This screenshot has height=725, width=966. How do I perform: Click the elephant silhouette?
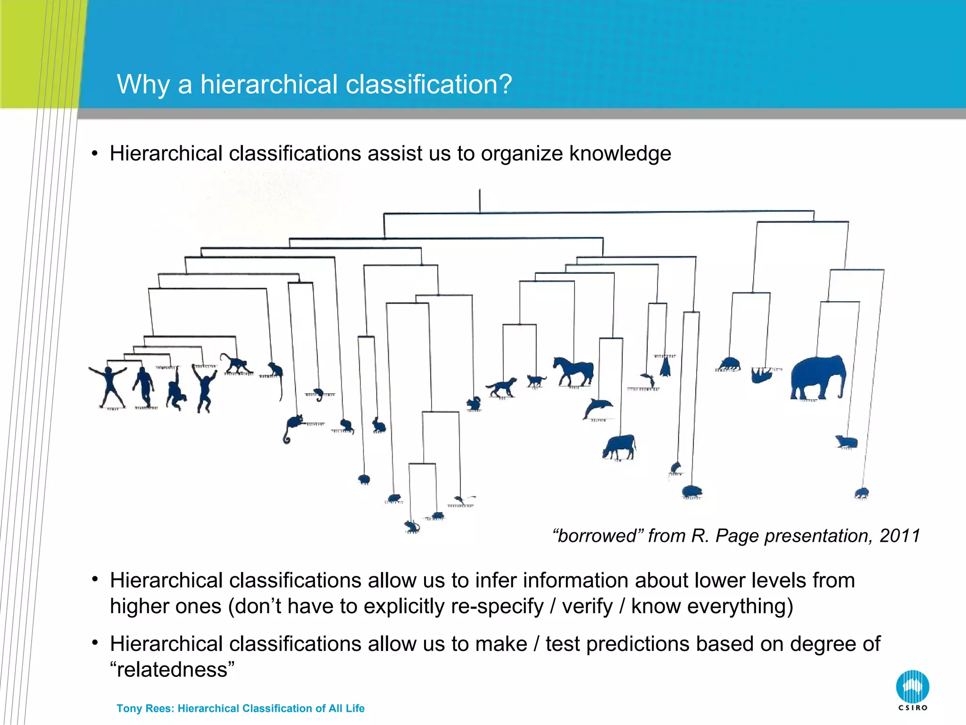point(818,378)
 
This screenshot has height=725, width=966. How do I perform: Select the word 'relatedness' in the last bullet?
point(172,670)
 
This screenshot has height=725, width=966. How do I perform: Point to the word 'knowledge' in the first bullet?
point(620,153)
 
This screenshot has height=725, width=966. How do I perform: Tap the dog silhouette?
point(502,387)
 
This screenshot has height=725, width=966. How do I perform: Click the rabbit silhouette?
point(379,424)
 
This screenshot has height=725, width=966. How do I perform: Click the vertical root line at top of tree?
point(480,201)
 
